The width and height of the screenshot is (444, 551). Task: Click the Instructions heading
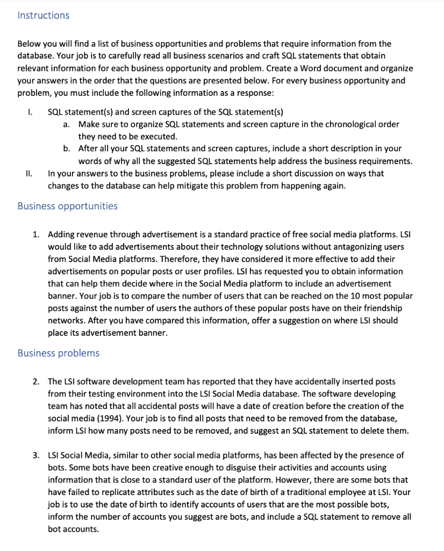pyautogui.click(x=43, y=15)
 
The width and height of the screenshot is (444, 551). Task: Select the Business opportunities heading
pyautogui.click(x=67, y=206)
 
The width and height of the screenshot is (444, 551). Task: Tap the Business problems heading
pyautogui.click(x=58, y=353)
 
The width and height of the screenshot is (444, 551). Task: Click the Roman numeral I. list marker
pyautogui.click(x=31, y=112)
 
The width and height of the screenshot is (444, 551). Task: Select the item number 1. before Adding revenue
pyautogui.click(x=36, y=235)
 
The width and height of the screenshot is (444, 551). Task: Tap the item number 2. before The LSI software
pyautogui.click(x=36, y=382)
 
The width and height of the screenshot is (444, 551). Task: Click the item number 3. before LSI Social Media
pyautogui.click(x=36, y=455)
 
